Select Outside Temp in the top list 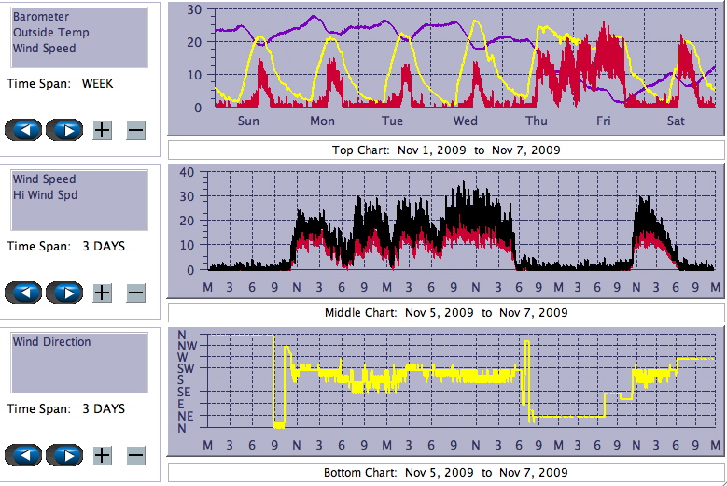pyautogui.click(x=51, y=32)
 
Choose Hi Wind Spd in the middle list pyautogui.click(x=46, y=194)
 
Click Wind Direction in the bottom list pyautogui.click(x=52, y=342)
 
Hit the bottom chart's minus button pyautogui.click(x=135, y=455)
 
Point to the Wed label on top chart pyautogui.click(x=466, y=121)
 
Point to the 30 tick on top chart pyautogui.click(x=194, y=10)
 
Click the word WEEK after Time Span pyautogui.click(x=98, y=83)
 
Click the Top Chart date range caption pyautogui.click(x=446, y=150)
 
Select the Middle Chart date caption pyautogui.click(x=446, y=312)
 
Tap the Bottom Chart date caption pyautogui.click(x=446, y=473)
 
